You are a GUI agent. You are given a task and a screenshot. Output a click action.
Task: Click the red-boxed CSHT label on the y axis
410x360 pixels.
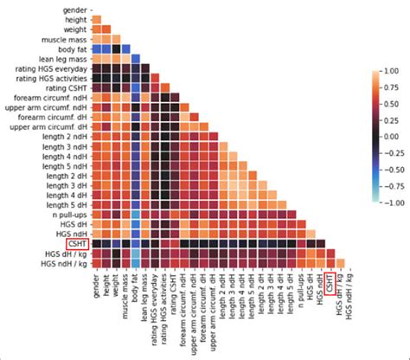point(75,243)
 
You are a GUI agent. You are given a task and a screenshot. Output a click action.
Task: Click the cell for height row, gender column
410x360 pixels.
point(94,19)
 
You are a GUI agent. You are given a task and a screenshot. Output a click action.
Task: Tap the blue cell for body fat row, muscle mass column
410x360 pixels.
point(125,48)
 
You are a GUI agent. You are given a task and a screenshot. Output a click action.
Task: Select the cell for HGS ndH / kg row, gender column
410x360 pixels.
point(94,263)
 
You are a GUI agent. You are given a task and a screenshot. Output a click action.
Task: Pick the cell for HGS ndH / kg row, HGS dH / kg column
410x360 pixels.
point(339,263)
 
